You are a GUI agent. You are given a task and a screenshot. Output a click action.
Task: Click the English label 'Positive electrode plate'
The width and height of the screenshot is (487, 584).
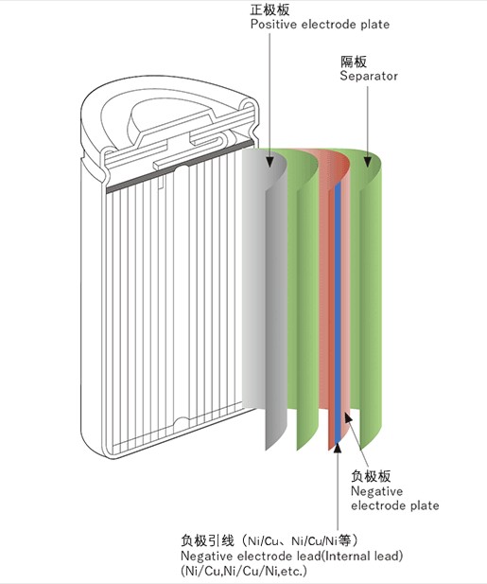tap(320, 25)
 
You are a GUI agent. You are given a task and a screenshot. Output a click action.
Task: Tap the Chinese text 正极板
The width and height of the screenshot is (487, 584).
tap(270, 9)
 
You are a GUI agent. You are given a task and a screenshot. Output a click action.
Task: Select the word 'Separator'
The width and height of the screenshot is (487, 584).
tap(369, 76)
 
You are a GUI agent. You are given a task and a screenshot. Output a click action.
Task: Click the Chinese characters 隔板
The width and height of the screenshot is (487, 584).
tap(354, 62)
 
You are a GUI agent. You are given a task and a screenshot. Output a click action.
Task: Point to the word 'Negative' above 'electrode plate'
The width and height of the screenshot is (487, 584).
tap(376, 491)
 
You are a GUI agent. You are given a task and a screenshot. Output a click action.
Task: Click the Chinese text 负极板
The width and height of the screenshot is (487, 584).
tap(371, 477)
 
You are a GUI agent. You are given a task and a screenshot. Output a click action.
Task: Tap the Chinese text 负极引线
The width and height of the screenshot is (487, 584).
tap(207, 540)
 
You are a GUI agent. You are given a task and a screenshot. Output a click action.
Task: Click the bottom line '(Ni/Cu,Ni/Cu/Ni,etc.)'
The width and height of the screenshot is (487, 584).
tap(244, 571)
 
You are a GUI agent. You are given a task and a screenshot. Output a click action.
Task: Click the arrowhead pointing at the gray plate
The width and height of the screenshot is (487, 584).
tap(270, 161)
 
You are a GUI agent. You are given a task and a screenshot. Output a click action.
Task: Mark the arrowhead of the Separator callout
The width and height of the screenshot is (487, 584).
tap(368, 161)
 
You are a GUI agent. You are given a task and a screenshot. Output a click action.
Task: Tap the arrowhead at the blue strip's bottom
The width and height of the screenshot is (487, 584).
tap(338, 447)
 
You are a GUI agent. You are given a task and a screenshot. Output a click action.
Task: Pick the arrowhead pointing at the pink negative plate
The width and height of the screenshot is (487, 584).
tap(348, 417)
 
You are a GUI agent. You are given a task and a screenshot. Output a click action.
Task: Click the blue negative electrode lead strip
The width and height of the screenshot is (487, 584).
tap(338, 313)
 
